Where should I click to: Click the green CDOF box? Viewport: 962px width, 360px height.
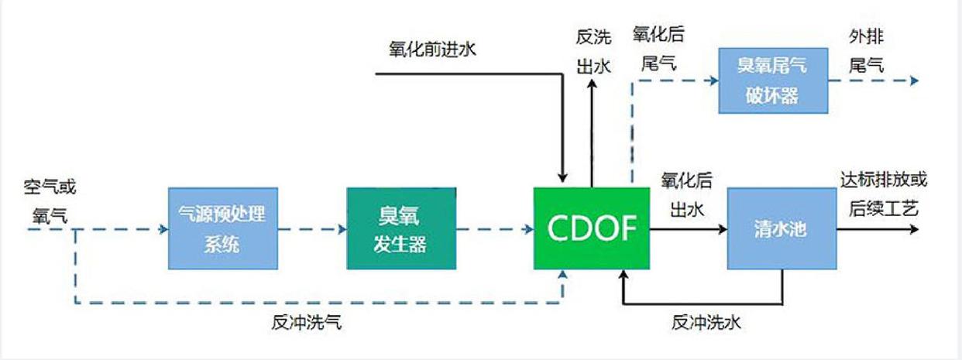point(591,228)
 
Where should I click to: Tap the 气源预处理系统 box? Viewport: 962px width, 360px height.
point(222,228)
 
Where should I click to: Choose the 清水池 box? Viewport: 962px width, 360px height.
point(781,229)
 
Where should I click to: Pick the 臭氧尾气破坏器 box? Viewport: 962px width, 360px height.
point(772,81)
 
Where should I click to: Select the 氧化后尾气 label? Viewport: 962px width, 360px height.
point(658,49)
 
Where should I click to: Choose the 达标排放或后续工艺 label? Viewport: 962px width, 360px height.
point(883,194)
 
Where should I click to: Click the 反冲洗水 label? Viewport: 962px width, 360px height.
point(706,321)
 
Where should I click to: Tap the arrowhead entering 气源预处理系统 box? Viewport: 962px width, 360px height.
point(163,229)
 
